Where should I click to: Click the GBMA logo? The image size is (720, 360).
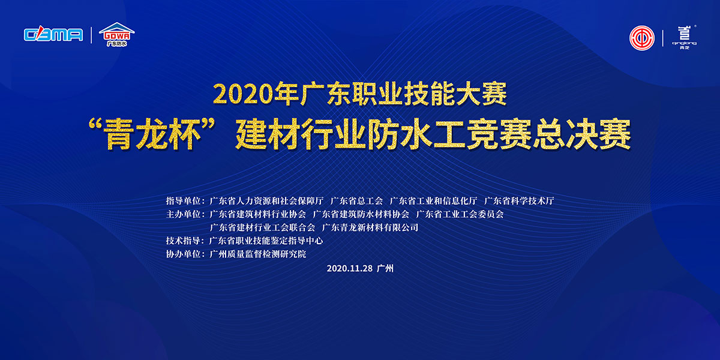click(x=53, y=35)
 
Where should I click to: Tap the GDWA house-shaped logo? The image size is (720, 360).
click(x=116, y=34)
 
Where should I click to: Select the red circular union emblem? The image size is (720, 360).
click(x=641, y=38)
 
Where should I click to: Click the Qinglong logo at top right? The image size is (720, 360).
click(x=685, y=38)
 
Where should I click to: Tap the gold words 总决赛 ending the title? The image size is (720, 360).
click(x=582, y=134)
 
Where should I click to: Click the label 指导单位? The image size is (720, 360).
click(x=183, y=201)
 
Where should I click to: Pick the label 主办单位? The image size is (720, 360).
click(x=183, y=214)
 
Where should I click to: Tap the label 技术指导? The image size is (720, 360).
click(x=183, y=241)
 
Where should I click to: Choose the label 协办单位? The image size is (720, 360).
click(x=183, y=254)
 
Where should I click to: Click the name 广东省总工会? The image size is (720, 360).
click(x=356, y=201)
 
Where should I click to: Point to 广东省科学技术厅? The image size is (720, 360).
click(x=519, y=201)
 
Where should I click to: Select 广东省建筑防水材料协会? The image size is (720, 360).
click(x=361, y=214)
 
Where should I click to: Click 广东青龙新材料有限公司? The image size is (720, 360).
click(x=370, y=227)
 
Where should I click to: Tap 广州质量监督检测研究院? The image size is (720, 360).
click(x=258, y=254)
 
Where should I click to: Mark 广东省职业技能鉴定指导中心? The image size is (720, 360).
click(x=266, y=241)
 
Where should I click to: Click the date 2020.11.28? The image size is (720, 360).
click(x=349, y=268)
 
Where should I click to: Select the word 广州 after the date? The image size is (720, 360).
click(x=385, y=268)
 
